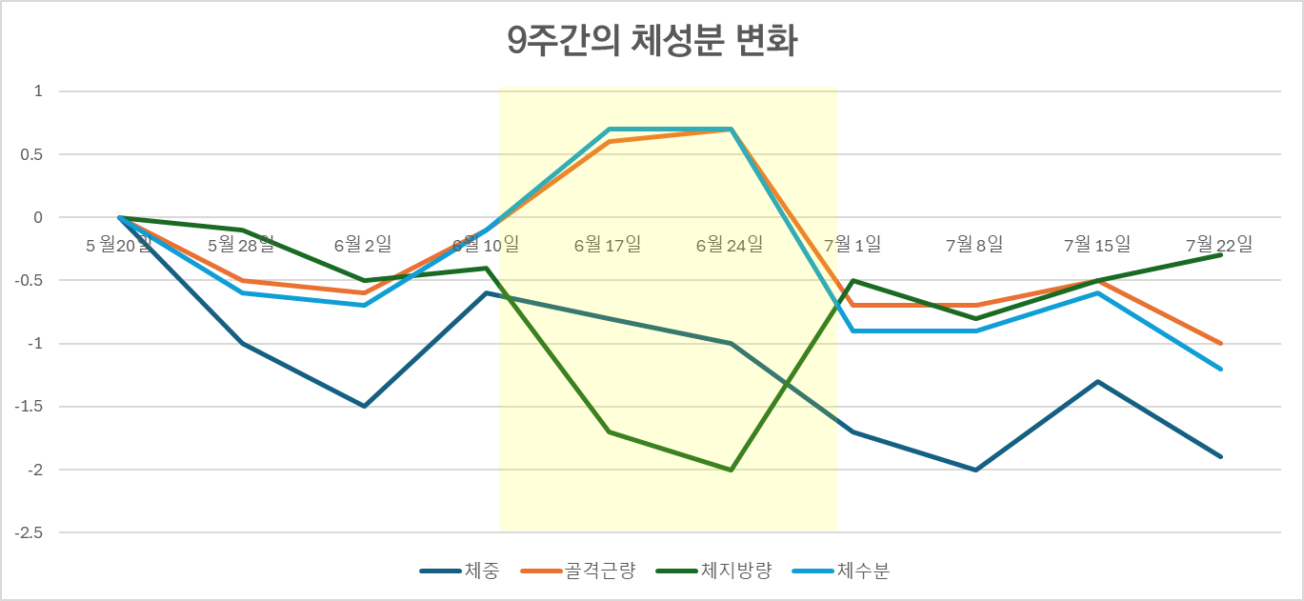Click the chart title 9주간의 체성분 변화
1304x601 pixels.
(x=652, y=43)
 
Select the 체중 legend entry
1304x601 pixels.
(x=482, y=571)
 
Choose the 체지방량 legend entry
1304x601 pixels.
(x=736, y=571)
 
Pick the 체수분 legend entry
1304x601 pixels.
(x=864, y=571)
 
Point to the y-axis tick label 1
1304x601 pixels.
(x=38, y=91)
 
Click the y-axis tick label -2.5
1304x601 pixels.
(x=29, y=532)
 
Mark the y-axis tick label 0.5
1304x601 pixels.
(x=32, y=154)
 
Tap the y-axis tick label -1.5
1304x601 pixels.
(x=29, y=407)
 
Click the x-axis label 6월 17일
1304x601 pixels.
(x=608, y=246)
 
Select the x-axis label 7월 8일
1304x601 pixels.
(x=974, y=246)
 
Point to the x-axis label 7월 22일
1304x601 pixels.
(x=1219, y=246)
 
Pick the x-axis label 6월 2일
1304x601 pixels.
(x=363, y=246)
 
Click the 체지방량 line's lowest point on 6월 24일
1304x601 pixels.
(x=731, y=470)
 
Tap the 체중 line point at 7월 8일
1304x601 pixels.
(x=975, y=470)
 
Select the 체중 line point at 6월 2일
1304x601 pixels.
(x=364, y=407)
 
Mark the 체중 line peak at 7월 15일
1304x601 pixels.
(x=1098, y=382)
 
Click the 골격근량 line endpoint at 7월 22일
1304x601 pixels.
(x=1221, y=344)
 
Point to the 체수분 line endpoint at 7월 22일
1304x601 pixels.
(x=1221, y=369)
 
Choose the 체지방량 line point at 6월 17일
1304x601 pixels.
(x=609, y=432)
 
